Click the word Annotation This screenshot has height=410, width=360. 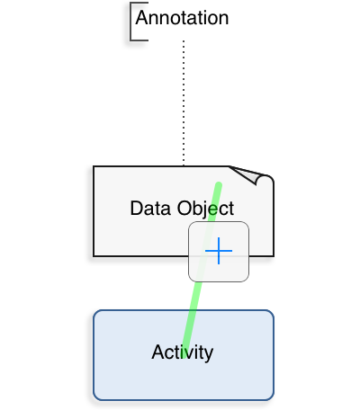[182, 18]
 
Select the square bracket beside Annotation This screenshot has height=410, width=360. [130, 22]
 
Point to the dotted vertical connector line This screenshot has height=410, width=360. [184, 102]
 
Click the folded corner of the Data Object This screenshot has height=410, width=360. [251, 175]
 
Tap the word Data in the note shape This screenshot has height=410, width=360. [151, 209]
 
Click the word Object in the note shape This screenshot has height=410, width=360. [205, 209]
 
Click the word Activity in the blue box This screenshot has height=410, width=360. [183, 352]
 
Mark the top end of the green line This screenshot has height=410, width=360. [219, 184]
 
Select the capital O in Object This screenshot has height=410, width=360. [184, 209]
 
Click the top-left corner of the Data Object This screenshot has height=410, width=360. [94, 166]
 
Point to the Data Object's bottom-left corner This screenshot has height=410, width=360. [94, 256]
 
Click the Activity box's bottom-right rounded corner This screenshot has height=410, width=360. [271, 397]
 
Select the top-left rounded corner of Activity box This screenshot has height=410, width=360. [96, 313]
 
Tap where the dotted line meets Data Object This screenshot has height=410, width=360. [184, 166]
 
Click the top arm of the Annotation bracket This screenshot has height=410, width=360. [139, 3]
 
